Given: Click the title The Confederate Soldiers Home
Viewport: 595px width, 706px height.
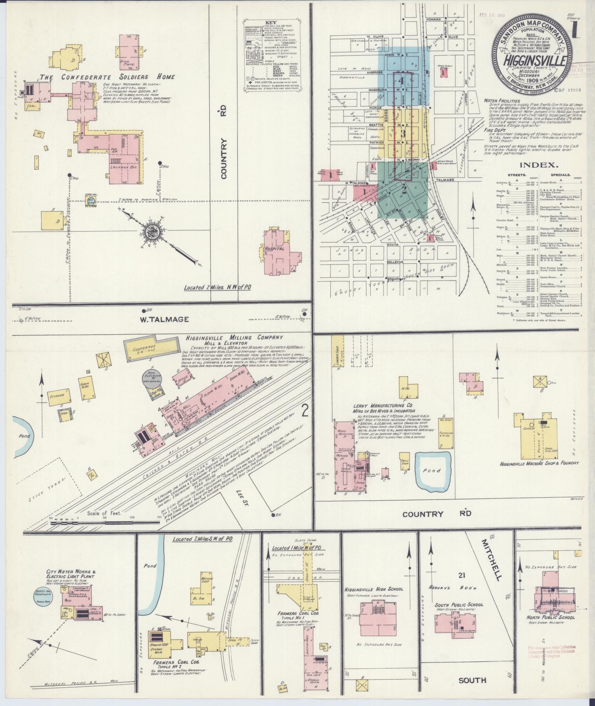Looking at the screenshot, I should (107, 77).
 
